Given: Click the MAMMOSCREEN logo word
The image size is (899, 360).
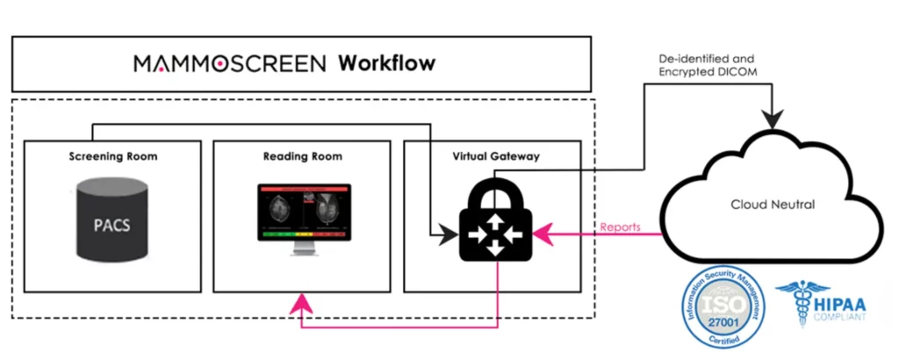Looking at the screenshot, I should point(230,64).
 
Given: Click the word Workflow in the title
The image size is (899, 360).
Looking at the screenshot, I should point(387,64).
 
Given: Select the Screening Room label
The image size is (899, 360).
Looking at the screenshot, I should point(112,157).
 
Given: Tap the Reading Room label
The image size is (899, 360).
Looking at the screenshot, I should point(302,157).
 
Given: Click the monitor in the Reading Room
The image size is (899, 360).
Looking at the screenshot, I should point(303,212).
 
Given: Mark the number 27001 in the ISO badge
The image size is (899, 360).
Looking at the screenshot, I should point(722,328).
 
